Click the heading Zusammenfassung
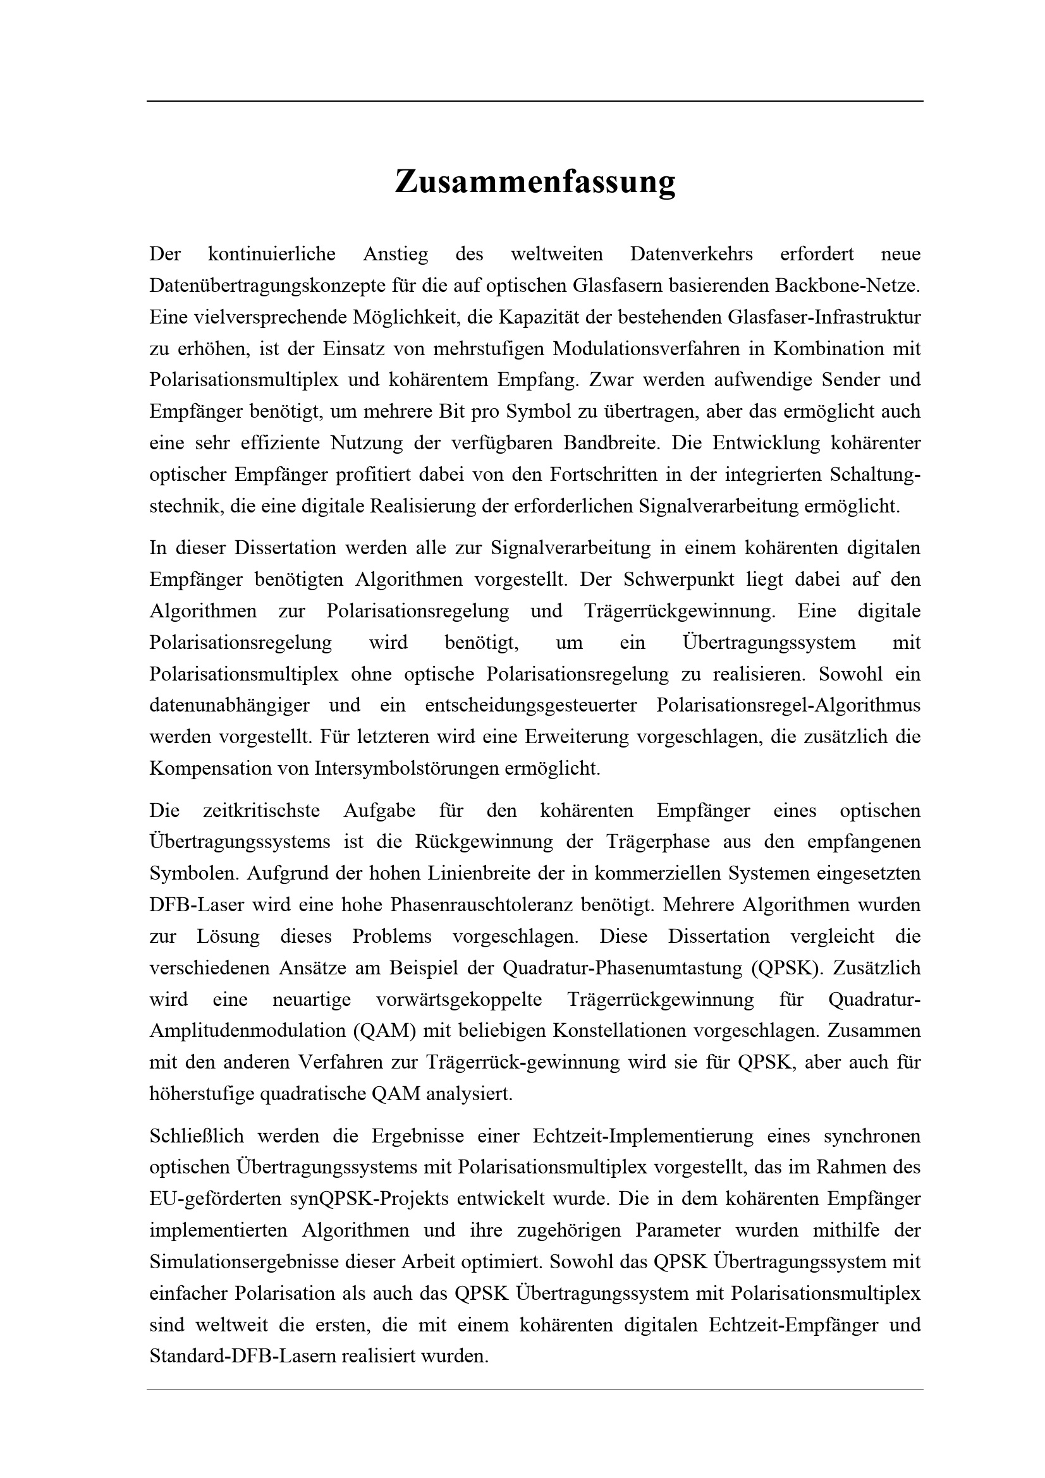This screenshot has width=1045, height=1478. pyautogui.click(x=534, y=181)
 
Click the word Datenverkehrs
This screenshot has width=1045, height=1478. pyautogui.click(x=691, y=254)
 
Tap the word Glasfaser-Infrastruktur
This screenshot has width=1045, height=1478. pyautogui.click(x=824, y=317)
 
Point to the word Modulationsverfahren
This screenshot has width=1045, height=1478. pyautogui.click(x=657, y=349)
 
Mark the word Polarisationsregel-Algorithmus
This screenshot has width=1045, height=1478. pyautogui.click(x=788, y=706)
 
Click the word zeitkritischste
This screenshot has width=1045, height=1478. pyautogui.click(x=262, y=811)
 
